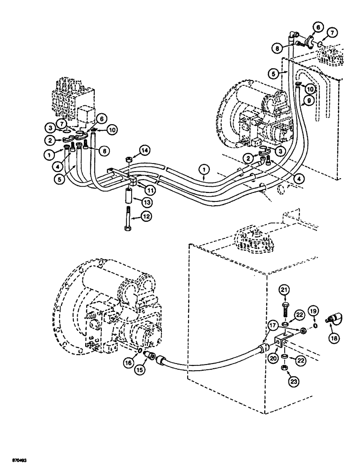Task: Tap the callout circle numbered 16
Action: click(129, 364)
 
